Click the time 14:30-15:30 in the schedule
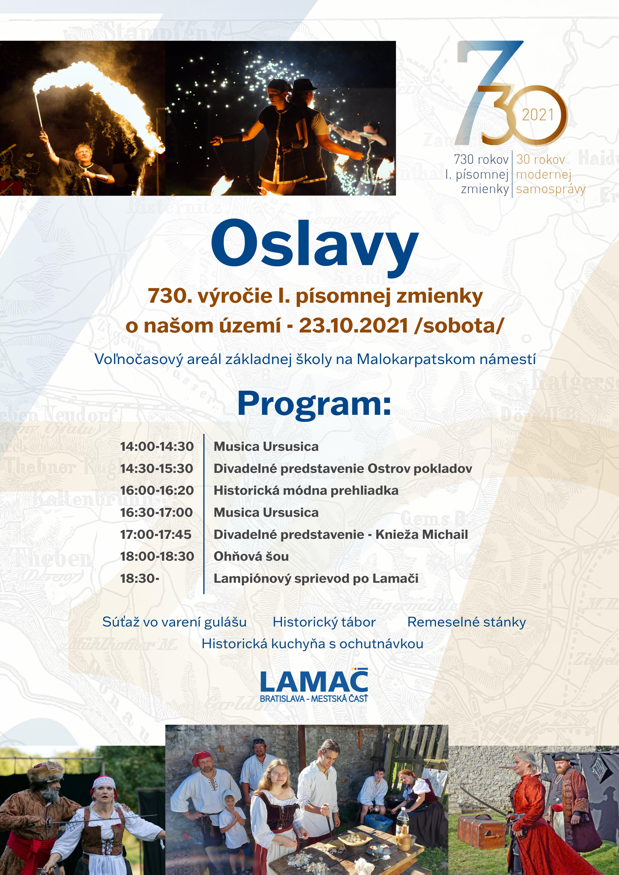[157, 468]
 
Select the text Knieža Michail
[422, 534]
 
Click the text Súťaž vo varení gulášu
[175, 622]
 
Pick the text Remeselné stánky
[467, 622]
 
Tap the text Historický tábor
[324, 622]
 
